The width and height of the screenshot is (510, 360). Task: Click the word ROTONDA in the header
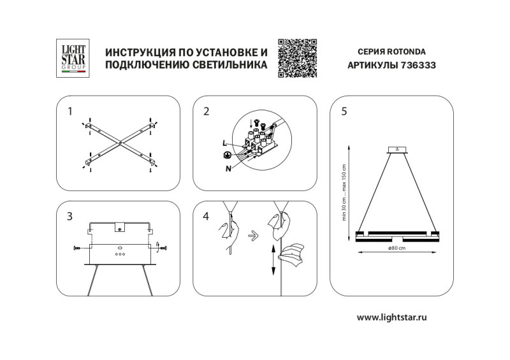coord(408,52)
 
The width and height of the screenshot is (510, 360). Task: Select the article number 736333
coord(415,65)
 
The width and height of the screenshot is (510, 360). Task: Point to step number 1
coord(71,112)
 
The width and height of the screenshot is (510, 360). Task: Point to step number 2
coord(206,112)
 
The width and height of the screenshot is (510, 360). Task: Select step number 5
coord(344,112)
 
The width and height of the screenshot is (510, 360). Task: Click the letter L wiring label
coord(225,143)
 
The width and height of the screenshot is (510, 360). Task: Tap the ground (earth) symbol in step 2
coord(226,155)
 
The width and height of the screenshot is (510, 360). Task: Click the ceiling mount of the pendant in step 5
coord(398,150)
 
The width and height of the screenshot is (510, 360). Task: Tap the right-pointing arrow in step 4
coord(253,234)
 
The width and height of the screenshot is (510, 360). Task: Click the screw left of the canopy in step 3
coord(78,247)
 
